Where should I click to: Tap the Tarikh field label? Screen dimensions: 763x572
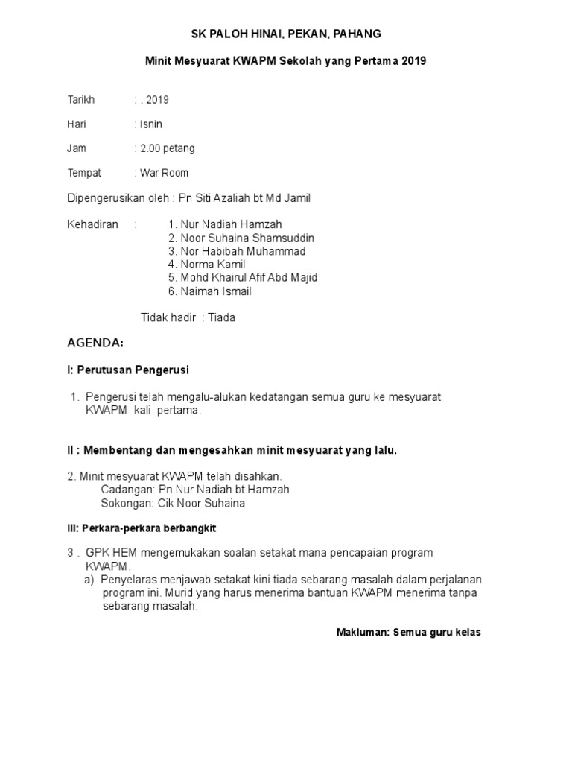[x=81, y=100]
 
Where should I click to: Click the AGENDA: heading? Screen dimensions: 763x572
[x=95, y=343]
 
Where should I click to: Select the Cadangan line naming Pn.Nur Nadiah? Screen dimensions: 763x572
[x=195, y=490]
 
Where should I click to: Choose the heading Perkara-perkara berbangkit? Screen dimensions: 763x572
[x=142, y=528]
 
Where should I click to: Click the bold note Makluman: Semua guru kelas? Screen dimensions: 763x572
[x=409, y=633]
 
